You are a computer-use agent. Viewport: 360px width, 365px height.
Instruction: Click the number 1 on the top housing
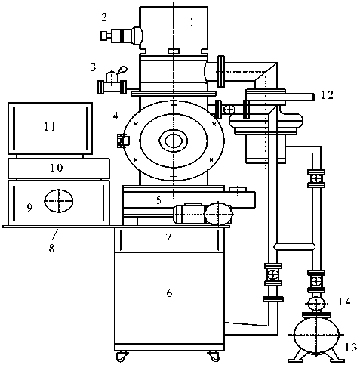click(192, 23)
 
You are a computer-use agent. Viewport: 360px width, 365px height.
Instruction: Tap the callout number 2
click(104, 17)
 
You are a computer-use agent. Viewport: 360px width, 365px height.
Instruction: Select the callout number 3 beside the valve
click(93, 67)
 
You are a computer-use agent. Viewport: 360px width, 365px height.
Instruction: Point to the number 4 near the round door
click(115, 116)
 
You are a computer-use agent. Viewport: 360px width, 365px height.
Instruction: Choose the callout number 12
click(327, 95)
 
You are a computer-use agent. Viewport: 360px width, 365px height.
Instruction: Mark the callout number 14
click(344, 302)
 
